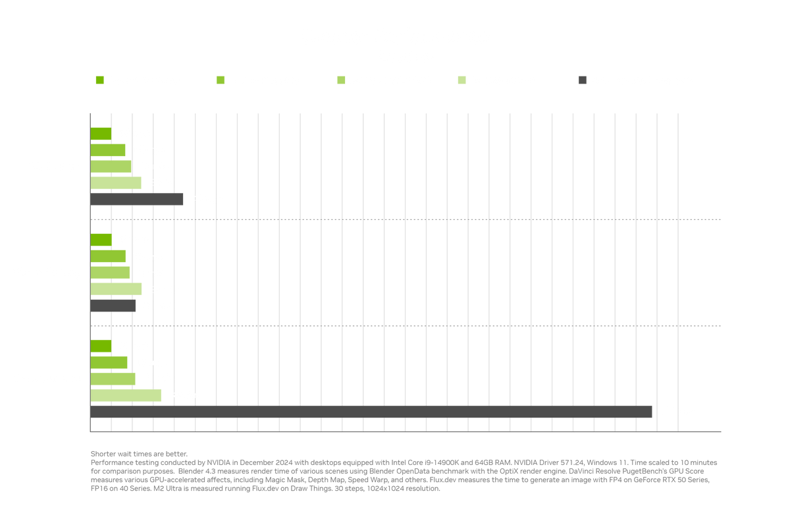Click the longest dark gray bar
pyautogui.click(x=371, y=412)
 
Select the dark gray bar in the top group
pyautogui.click(x=137, y=200)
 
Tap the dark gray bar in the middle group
pyautogui.click(x=113, y=306)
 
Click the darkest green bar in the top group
pyautogui.click(x=101, y=134)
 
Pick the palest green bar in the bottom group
pyautogui.click(x=126, y=395)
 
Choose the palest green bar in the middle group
pyautogui.click(x=116, y=289)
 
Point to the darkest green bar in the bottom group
pyautogui.click(x=101, y=346)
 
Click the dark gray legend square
pyautogui.click(x=583, y=80)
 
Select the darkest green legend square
pyautogui.click(x=100, y=80)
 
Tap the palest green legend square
pyautogui.click(x=461, y=80)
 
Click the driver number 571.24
pyautogui.click(x=572, y=462)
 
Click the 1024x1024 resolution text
pyautogui.click(x=385, y=489)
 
